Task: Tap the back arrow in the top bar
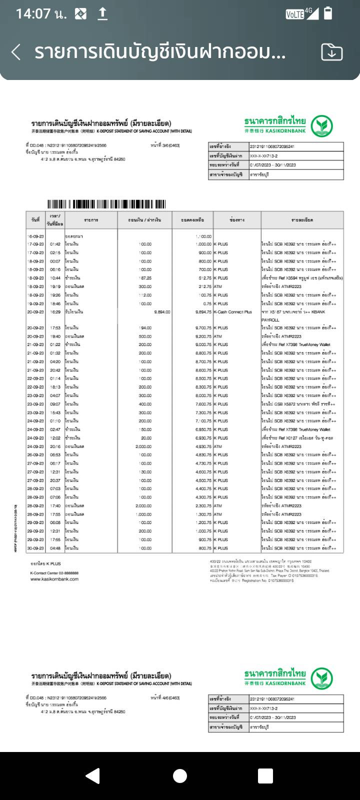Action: click(x=16, y=52)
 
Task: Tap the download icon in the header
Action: click(x=331, y=52)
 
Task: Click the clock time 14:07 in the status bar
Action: click(x=33, y=13)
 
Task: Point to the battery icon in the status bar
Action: click(x=328, y=13)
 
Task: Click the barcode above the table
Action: click(x=106, y=204)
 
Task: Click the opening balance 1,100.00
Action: click(x=203, y=236)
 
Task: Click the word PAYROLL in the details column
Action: click(x=270, y=320)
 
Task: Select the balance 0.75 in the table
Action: click(x=206, y=303)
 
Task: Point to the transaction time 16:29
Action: click(x=55, y=312)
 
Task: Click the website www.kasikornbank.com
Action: click(x=54, y=579)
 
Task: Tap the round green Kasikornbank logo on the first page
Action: click(x=321, y=126)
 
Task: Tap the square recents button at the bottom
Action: click(x=265, y=775)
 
